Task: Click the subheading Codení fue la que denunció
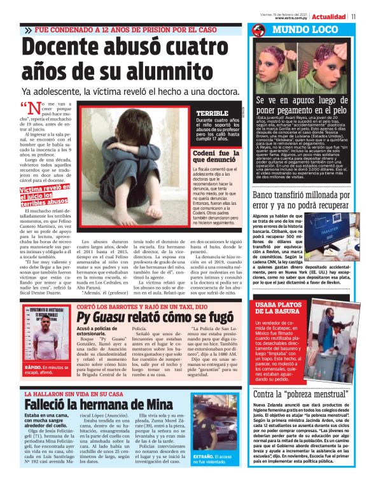216,157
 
